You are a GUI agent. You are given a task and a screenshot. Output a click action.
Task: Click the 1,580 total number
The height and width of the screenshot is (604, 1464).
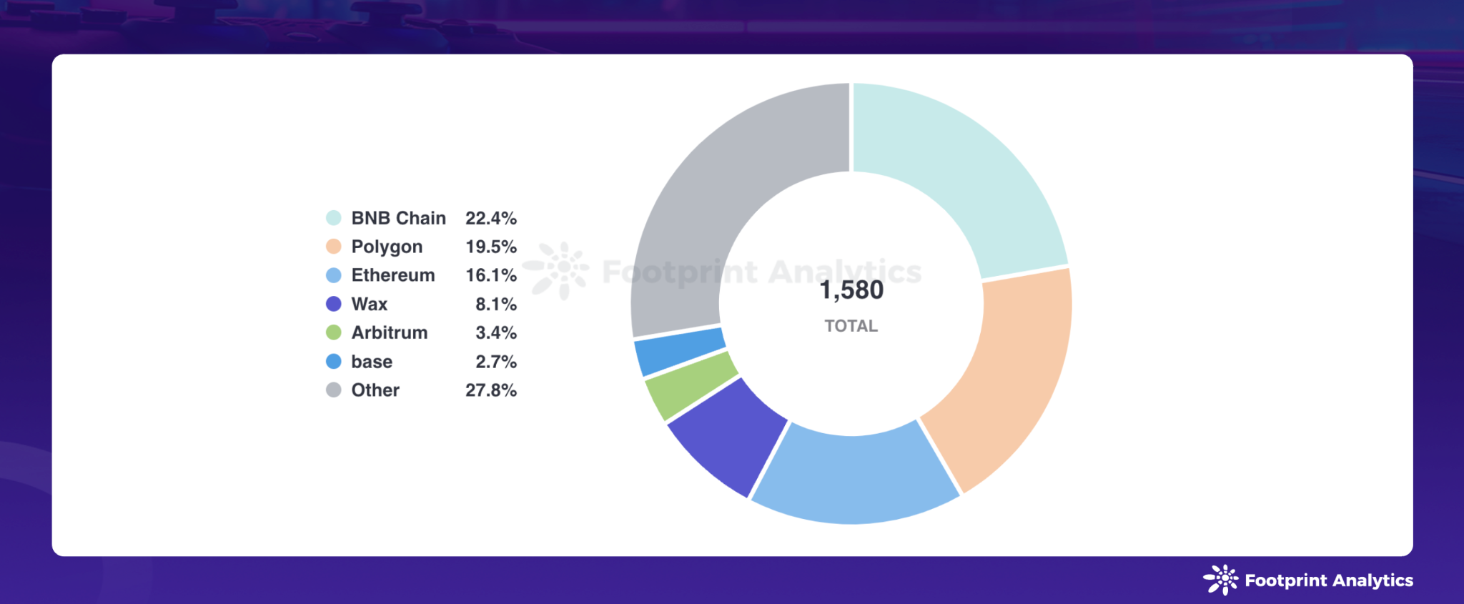pos(851,290)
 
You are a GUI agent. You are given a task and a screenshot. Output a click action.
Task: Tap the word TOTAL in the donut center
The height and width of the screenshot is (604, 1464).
pos(851,326)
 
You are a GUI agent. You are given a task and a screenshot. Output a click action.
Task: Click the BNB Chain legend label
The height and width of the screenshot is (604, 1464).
pos(398,218)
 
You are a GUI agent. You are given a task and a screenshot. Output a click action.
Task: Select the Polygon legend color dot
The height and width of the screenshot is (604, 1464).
pos(333,247)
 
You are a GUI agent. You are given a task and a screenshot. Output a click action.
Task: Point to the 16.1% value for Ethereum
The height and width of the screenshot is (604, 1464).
pos(490,275)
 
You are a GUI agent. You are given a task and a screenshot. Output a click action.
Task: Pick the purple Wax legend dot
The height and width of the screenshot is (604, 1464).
pos(333,304)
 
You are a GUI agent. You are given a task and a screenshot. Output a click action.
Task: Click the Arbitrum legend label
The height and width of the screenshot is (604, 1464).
pos(389,332)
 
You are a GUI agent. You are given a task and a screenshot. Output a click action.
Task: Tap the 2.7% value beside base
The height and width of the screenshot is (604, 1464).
pos(495,362)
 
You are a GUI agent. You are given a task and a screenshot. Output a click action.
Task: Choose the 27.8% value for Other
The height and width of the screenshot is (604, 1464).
pos(490,390)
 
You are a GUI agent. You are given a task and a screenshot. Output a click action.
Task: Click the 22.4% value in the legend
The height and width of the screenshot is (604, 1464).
pos(490,218)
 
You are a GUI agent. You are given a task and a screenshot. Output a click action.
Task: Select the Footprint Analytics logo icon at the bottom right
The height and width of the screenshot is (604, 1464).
pos(1221,580)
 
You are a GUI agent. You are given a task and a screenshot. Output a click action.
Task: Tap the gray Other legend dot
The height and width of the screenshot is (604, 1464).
pos(333,390)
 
